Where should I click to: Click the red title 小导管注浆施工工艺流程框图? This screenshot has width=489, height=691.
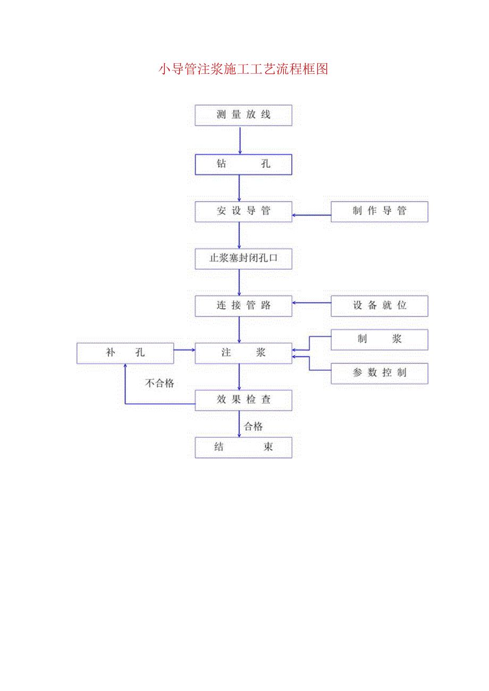243,69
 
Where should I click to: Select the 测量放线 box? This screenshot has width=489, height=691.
243,115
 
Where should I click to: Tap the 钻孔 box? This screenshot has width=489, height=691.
243,164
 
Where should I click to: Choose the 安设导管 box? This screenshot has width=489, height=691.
243,211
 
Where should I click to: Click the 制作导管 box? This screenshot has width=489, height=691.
379,211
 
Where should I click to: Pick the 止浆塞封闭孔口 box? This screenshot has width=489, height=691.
243,259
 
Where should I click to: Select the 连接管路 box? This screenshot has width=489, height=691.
243,306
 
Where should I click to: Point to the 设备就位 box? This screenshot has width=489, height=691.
379,306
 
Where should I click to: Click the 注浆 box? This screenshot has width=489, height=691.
243,353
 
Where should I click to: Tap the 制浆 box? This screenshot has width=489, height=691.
379,340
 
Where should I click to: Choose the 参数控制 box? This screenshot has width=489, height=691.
379,373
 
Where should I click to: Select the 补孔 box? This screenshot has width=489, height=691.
125,353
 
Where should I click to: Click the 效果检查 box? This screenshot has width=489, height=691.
243,400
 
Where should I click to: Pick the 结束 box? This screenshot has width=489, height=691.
243,447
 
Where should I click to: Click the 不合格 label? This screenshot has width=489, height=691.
160,383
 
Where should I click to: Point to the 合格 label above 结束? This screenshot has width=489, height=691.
254,426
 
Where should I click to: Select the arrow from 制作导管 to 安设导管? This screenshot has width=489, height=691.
311,215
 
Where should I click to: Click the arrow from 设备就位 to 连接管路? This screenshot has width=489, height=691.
311,303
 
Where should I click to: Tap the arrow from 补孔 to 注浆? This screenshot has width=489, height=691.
184,350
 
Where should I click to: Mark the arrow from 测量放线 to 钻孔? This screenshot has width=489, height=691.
240,140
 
